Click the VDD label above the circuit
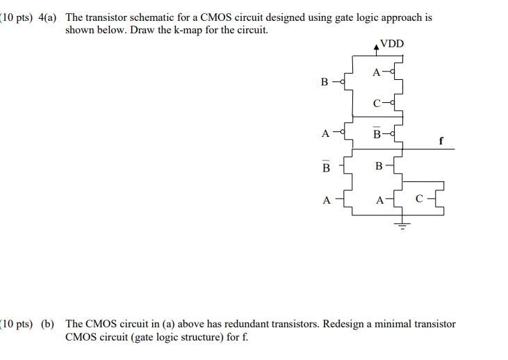(391, 44)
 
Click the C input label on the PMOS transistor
(377, 104)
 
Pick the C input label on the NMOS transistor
(419, 199)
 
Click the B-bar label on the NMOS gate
(326, 166)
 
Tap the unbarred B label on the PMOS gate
(325, 82)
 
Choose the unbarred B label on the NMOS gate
(379, 165)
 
